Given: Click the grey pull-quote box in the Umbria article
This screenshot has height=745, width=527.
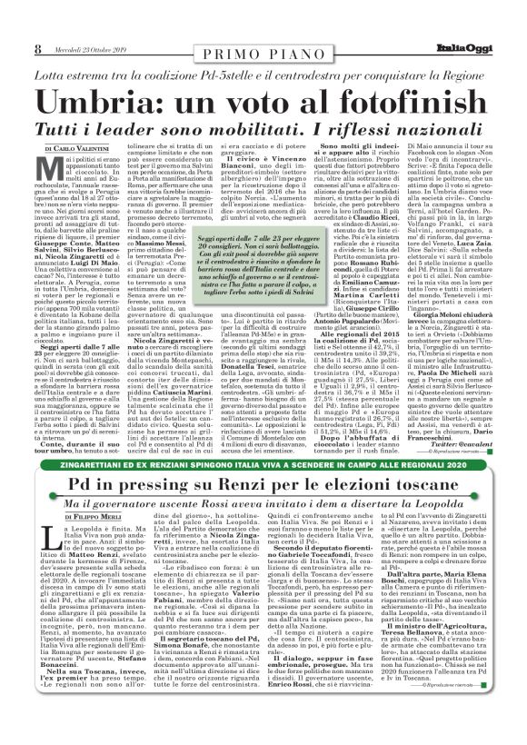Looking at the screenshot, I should coord(263,255).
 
